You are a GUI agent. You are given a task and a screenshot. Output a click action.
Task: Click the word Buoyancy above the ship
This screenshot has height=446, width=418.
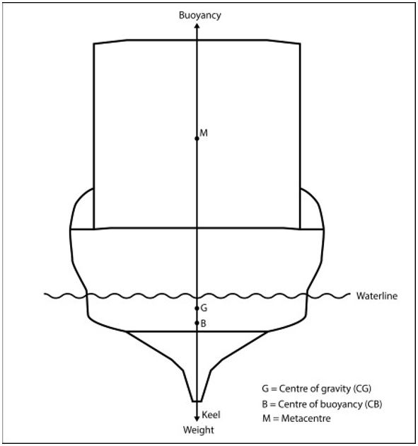coord(199,15)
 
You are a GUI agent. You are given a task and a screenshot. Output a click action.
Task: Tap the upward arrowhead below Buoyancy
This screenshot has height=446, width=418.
coord(197,26)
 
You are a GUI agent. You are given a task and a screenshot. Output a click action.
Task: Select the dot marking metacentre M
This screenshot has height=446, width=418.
coord(197,139)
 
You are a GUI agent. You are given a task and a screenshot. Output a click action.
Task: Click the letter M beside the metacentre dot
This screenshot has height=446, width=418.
coord(204,133)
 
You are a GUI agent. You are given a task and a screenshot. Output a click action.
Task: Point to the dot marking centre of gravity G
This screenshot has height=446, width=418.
coord(197,309)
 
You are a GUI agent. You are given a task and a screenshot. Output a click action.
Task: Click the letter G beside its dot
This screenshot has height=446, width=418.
coord(204,308)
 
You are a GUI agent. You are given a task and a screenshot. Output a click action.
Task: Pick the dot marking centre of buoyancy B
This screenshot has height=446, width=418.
coord(197,323)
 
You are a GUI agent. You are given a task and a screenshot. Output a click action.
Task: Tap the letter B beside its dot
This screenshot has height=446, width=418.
coord(203,324)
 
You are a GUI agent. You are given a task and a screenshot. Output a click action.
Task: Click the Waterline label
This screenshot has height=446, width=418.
coord(377,296)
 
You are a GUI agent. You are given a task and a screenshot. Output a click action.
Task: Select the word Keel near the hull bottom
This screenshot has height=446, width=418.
coord(211,415)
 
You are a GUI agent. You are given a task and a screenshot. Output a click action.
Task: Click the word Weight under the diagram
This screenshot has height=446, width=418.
coord(198,430)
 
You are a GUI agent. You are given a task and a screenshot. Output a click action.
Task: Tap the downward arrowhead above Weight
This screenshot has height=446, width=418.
coord(197,418)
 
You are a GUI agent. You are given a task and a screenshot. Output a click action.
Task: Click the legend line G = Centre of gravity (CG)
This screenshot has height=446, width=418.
coord(317,389)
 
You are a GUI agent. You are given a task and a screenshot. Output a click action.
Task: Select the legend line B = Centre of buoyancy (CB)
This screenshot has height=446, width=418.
coord(322,404)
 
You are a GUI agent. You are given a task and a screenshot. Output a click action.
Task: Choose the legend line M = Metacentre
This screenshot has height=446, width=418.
coord(296,418)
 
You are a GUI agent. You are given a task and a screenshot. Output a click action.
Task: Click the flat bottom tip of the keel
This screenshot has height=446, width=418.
coord(197,401)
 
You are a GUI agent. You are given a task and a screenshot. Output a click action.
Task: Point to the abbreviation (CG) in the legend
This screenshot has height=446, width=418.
coord(362,389)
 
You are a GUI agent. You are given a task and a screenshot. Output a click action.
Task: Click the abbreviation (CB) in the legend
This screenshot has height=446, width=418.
coord(373,404)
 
